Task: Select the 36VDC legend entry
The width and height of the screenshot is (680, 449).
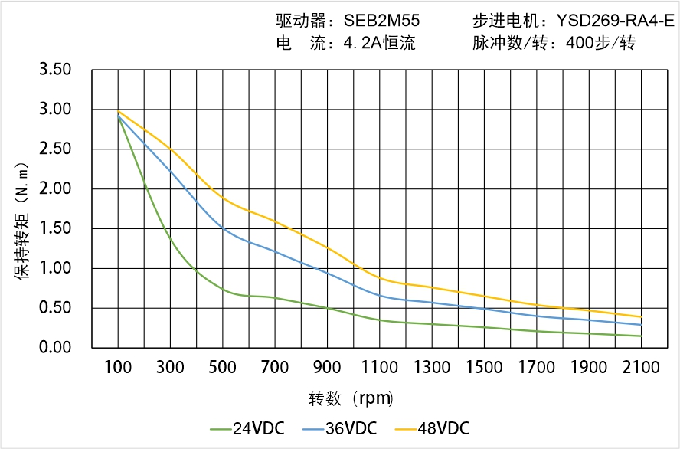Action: [340, 428]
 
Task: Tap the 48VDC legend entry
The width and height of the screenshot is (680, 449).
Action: [433, 428]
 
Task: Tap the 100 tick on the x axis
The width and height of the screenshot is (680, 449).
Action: [118, 368]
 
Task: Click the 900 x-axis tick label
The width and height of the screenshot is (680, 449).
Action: [328, 368]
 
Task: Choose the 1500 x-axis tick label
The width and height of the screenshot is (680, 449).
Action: [484, 368]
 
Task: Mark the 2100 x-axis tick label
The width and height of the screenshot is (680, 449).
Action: [641, 368]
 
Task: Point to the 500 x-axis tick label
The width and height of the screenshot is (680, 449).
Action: [223, 368]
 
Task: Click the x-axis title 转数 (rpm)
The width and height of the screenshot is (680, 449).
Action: [351, 398]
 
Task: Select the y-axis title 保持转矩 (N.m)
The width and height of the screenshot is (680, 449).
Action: [24, 218]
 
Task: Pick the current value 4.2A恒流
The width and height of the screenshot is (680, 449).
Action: [379, 44]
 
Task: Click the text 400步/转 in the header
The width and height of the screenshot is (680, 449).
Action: [600, 44]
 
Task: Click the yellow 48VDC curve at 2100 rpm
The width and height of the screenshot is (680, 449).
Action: [641, 316]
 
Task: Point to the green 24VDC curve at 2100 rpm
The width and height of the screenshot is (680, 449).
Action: [641, 336]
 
